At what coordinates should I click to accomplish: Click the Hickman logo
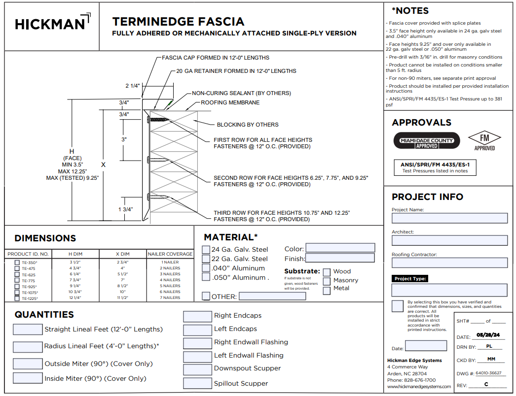[x=52, y=23]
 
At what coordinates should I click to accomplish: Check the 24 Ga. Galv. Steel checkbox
[x=206, y=250]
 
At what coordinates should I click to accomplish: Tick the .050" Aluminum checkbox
[x=206, y=277]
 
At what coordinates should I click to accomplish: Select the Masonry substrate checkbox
[x=327, y=281]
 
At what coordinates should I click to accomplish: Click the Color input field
[x=340, y=248]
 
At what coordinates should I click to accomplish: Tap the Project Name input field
[x=449, y=218]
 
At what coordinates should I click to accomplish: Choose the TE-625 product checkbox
[x=17, y=274]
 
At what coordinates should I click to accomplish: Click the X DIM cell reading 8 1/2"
[x=123, y=286]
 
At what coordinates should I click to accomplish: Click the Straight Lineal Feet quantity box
[x=28, y=330]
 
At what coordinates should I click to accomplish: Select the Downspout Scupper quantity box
[x=197, y=369]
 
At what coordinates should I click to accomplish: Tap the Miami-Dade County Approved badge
[x=426, y=141]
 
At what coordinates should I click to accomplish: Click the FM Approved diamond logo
[x=484, y=140]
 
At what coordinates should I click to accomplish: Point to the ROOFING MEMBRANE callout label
[x=230, y=103]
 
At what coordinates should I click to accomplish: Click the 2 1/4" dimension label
[x=133, y=86]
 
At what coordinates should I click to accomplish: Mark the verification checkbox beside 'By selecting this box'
[x=397, y=306]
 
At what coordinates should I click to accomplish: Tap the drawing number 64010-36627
[x=491, y=373]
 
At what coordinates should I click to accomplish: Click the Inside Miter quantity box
[x=28, y=378]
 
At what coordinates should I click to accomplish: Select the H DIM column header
[x=75, y=254]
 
